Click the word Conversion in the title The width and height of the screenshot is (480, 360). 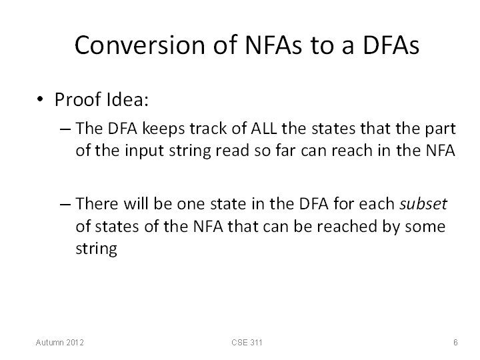(139, 45)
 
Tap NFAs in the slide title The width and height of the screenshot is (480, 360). (273, 45)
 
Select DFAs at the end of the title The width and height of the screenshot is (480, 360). (391, 45)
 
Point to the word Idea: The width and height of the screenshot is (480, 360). (127, 99)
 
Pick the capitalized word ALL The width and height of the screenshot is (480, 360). (264, 128)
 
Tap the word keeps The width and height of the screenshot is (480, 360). (164, 129)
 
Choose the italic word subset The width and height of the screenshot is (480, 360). (423, 203)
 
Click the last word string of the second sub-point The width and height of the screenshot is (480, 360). (96, 249)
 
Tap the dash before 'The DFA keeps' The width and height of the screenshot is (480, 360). (65, 129)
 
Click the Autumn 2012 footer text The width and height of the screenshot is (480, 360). (60, 342)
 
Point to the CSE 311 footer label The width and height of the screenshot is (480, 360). (247, 342)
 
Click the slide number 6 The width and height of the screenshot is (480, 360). (455, 342)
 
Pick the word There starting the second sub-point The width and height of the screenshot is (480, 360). (97, 203)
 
